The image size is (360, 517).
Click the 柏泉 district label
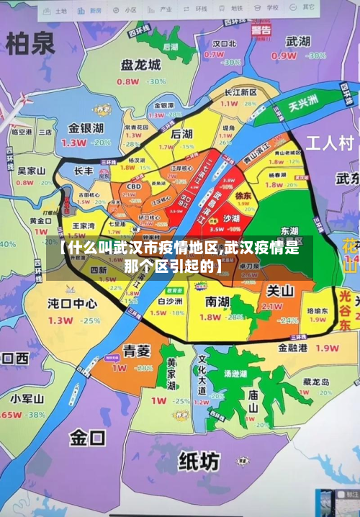point(30,45)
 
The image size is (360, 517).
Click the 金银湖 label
point(86,128)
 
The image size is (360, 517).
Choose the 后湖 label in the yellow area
point(181,135)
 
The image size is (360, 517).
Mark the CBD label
point(133,186)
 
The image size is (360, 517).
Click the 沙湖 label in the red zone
point(230,218)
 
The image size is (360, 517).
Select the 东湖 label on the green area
point(289,231)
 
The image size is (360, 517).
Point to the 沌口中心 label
point(72,303)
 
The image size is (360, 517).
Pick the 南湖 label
point(217,300)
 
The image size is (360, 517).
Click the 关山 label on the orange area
point(280,291)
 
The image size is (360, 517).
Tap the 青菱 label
point(136,351)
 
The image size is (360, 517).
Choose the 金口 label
point(88,436)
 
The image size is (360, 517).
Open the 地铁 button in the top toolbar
point(237,9)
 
